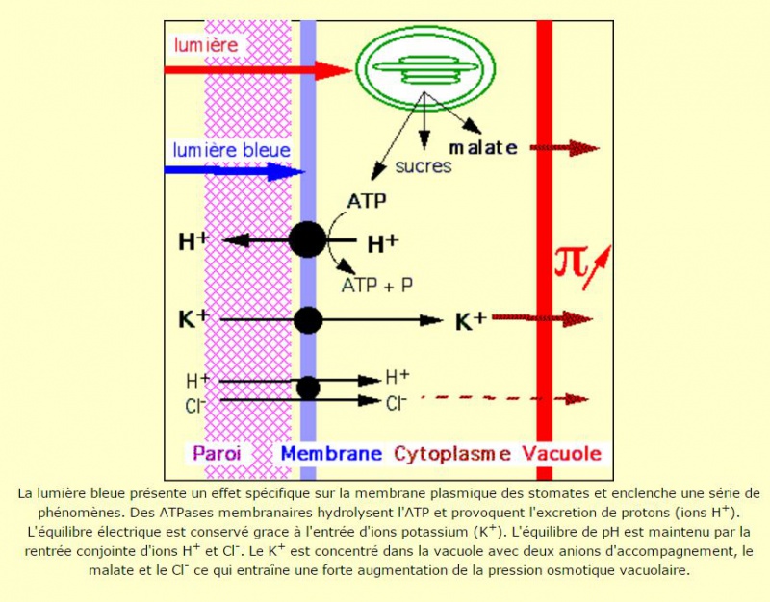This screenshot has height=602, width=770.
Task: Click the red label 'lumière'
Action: (x=206, y=45)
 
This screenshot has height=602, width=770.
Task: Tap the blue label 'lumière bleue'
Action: (x=231, y=150)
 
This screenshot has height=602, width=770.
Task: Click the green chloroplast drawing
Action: (x=425, y=67)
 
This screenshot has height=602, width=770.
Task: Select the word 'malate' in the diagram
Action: (x=483, y=147)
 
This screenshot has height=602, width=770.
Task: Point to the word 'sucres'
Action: (x=423, y=166)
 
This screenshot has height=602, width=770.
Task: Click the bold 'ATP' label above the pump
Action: (x=367, y=201)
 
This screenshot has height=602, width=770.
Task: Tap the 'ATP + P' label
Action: (x=377, y=285)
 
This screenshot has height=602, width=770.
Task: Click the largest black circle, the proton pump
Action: (x=307, y=239)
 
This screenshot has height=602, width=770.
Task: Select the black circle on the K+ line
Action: (x=308, y=320)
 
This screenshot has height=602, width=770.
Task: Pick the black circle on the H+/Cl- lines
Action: (x=308, y=388)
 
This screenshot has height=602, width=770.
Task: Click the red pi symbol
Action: (x=571, y=263)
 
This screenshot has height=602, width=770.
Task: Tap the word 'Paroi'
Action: (x=218, y=453)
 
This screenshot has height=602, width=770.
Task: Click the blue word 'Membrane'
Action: (x=331, y=453)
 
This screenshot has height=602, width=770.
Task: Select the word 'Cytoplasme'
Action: (x=452, y=454)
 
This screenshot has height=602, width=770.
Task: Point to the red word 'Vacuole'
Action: (x=561, y=453)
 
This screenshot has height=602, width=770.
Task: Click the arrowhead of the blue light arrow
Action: (x=286, y=171)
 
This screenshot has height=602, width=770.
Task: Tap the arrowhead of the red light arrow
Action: (x=333, y=70)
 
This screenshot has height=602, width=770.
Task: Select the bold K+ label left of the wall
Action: (x=194, y=319)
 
